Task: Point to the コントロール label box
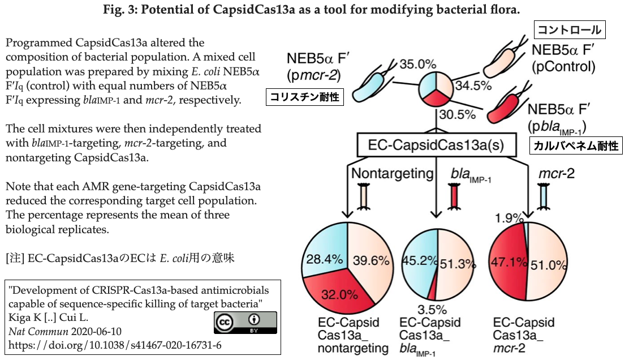(570, 29)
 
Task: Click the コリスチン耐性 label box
(305, 97)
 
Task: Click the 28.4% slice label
(325, 260)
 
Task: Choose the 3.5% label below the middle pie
(433, 310)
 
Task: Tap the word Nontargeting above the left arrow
(392, 173)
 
